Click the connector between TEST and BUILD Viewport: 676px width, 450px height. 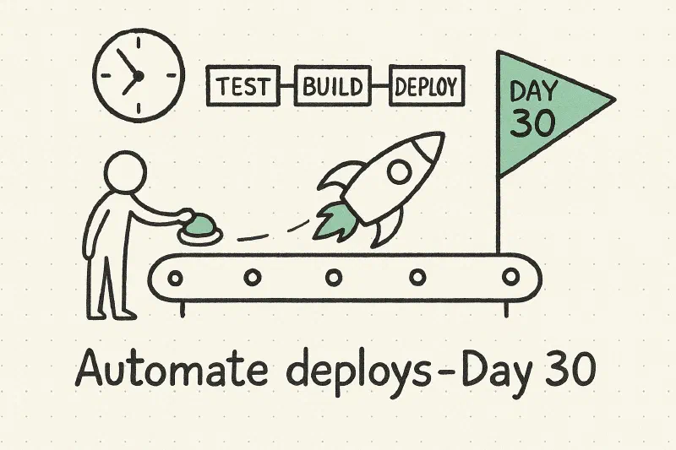point(287,86)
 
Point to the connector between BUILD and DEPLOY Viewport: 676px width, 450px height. point(380,86)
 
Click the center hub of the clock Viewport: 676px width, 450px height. point(138,76)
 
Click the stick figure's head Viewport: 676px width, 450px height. point(125,171)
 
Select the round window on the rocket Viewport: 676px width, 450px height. point(399,171)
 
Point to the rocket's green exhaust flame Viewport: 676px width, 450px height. point(335,221)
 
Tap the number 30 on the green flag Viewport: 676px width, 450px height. point(533,122)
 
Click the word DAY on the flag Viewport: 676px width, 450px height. point(533,91)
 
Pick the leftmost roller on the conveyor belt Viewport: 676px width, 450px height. point(175,278)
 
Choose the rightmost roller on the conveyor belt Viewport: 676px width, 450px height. point(511,276)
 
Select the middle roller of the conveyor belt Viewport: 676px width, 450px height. point(334,277)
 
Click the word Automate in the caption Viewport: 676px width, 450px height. point(172,369)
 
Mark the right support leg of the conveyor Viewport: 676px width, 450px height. point(506,309)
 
